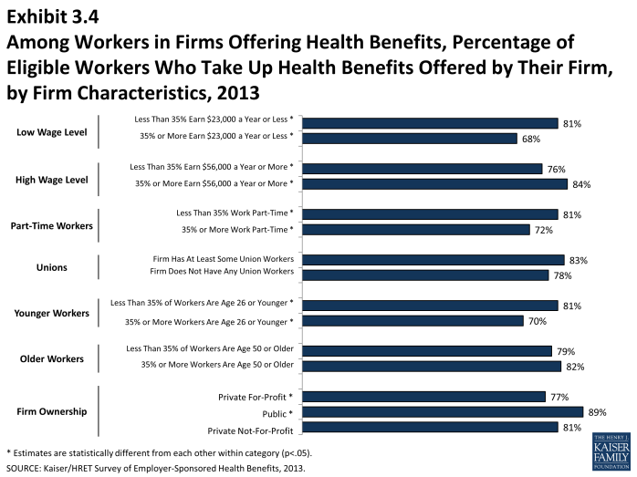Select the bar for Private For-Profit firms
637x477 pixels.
[x=423, y=397]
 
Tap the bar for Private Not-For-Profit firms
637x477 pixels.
[x=430, y=427]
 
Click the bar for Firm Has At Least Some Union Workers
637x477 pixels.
[x=433, y=260]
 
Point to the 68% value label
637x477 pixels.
[x=531, y=139]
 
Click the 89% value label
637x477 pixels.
[x=598, y=412]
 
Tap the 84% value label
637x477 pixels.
[x=581, y=184]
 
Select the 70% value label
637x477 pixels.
[x=538, y=321]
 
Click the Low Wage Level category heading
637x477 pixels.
[x=51, y=132]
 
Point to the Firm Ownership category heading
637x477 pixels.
[x=52, y=411]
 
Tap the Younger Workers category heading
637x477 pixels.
[x=51, y=313]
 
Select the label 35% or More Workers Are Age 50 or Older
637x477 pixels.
[x=216, y=365]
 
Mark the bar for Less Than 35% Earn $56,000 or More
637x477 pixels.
[x=422, y=169]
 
